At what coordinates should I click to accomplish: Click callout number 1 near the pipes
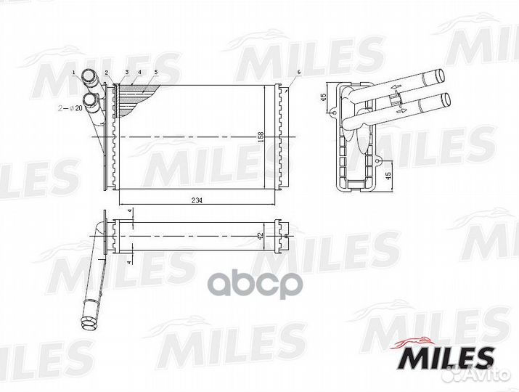click(x=74, y=72)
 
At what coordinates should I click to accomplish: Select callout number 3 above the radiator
click(x=127, y=72)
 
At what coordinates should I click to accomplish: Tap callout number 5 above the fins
click(x=155, y=72)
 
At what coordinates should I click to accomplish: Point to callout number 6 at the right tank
click(x=298, y=72)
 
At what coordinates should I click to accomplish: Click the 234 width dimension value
click(x=197, y=200)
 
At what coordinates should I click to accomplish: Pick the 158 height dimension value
click(x=261, y=137)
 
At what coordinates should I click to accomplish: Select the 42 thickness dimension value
click(x=260, y=236)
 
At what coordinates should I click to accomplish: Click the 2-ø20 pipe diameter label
click(x=70, y=108)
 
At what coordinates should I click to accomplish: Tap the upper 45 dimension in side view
click(x=324, y=97)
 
